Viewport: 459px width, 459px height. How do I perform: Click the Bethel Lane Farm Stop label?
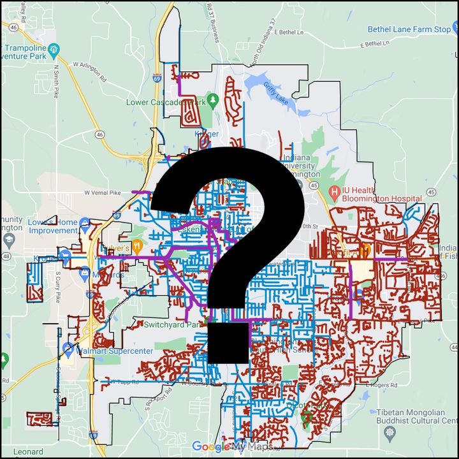[x=409, y=29]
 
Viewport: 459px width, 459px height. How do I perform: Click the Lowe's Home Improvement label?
[x=52, y=226]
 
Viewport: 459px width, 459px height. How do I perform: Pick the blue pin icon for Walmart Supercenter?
[x=68, y=348]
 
